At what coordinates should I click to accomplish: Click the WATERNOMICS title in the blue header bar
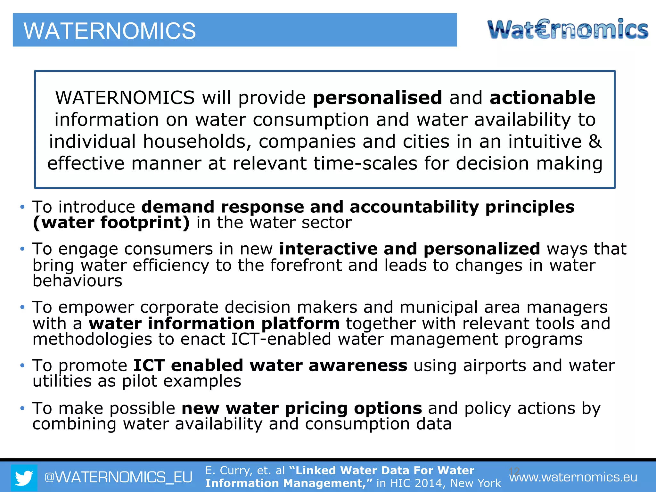[110, 31]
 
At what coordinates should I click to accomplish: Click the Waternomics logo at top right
[568, 29]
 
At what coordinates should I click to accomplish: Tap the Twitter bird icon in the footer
[24, 478]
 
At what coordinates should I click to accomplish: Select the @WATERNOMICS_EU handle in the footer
[118, 477]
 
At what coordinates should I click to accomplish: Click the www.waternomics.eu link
[573, 478]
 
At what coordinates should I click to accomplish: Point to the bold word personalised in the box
[377, 98]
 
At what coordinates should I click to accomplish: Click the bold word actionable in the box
[542, 98]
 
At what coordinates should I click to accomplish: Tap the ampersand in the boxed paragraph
[595, 142]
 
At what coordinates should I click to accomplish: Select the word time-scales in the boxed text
[365, 163]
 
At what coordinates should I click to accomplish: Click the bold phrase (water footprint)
[111, 222]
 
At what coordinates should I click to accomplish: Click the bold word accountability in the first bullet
[414, 207]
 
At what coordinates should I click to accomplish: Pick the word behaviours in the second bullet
[78, 281]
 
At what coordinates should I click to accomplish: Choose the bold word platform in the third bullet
[300, 324]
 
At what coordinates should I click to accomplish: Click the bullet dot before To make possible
[22, 408]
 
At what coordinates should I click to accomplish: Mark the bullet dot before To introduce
[22, 207]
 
